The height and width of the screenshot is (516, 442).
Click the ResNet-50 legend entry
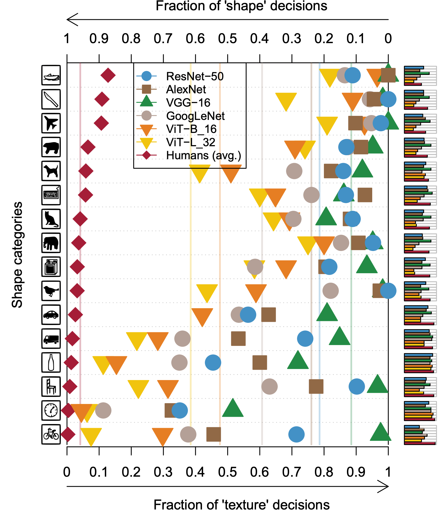pos(195,77)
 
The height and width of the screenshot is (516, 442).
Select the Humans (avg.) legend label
pos(203,155)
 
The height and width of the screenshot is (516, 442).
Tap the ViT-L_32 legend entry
pos(190,142)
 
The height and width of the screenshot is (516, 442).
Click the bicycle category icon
pos(51,434)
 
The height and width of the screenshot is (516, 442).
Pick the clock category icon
pos(51,410)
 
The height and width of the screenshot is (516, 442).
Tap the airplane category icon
pos(51,123)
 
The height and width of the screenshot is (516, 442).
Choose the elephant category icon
pos(51,243)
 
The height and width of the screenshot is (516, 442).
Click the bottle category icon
pos(51,362)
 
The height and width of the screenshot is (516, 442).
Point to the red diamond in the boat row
pos(108,75)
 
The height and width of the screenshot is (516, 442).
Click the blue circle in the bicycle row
pos(296,434)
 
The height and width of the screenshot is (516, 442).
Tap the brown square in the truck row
pos(238,339)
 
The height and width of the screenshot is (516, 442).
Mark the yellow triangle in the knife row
pos(286,101)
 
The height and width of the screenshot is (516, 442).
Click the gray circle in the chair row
pos(269,387)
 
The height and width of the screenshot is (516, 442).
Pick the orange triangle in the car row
pos(202,316)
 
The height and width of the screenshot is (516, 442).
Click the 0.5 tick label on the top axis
pos(227,39)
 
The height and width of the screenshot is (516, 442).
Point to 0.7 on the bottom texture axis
pos(292,472)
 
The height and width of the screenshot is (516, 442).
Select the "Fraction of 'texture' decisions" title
pos(241,505)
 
